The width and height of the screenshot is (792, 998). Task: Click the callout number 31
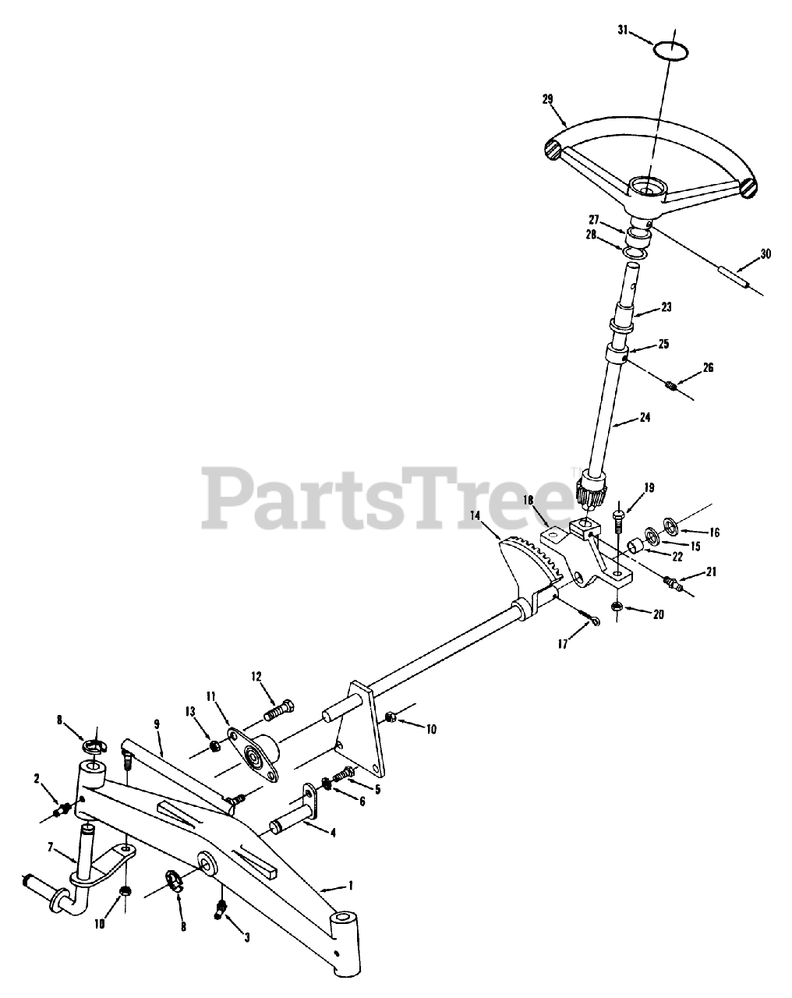click(x=622, y=30)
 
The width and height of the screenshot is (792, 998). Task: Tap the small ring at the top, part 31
click(x=670, y=50)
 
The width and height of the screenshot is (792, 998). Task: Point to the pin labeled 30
click(x=734, y=278)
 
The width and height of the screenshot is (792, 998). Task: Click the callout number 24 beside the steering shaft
click(x=644, y=417)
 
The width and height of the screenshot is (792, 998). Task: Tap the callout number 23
click(x=665, y=306)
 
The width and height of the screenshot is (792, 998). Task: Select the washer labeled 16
click(x=670, y=522)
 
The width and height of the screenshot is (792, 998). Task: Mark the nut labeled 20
click(x=617, y=606)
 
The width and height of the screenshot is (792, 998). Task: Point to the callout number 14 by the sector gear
click(x=476, y=515)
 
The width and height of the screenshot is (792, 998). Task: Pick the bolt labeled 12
click(x=281, y=710)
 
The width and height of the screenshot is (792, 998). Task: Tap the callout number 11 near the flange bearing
click(x=210, y=695)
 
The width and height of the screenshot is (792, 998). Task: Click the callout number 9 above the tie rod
click(x=157, y=724)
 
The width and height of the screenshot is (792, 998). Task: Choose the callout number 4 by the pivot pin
click(x=333, y=833)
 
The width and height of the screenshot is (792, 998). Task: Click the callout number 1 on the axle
click(x=350, y=885)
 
